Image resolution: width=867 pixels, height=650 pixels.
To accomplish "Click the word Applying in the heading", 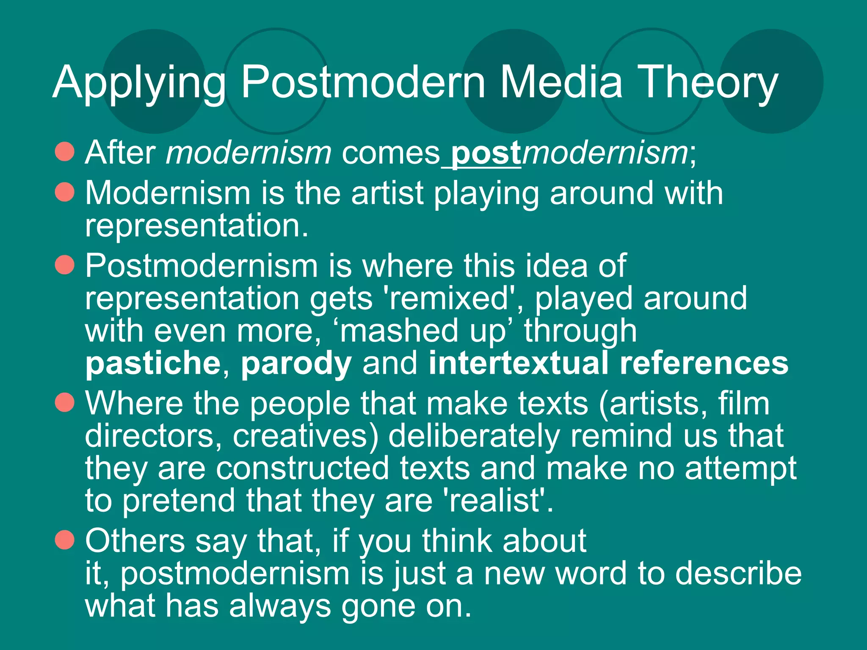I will [x=139, y=83].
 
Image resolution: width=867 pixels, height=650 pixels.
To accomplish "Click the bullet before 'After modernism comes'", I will [x=65, y=151].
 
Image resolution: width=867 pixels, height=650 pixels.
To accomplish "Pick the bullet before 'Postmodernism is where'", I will [x=65, y=265].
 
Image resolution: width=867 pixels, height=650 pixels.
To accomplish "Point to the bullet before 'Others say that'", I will [x=65, y=540].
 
